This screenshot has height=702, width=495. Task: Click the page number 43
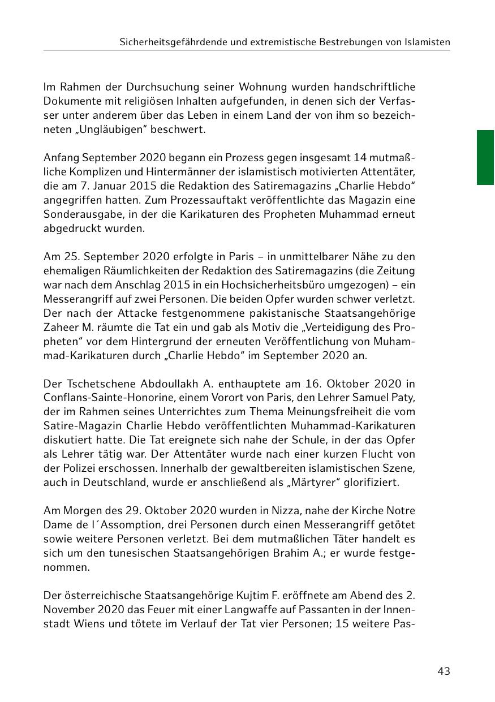point(444,671)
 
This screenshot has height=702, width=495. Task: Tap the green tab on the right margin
point(485,157)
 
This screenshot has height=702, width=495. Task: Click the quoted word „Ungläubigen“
point(103,130)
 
